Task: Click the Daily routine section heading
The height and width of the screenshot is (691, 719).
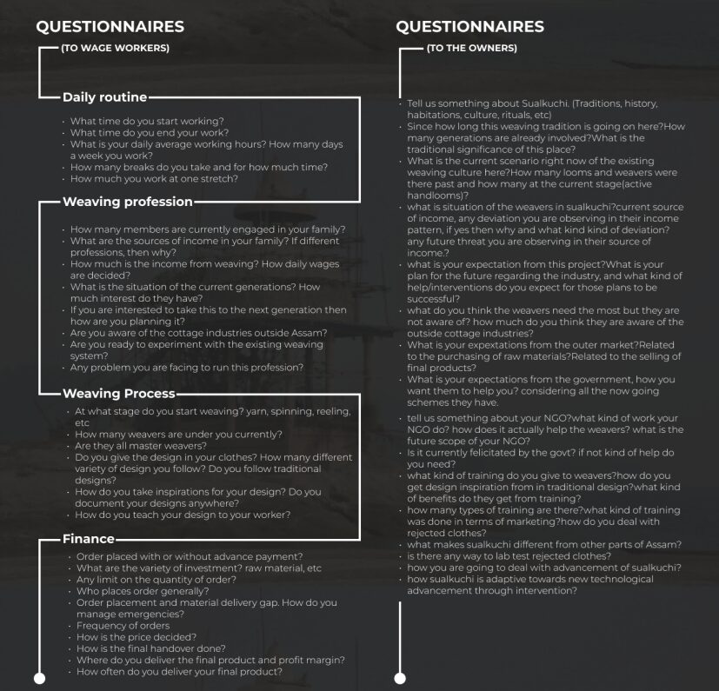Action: click(104, 96)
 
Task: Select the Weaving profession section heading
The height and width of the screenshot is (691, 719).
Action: click(127, 202)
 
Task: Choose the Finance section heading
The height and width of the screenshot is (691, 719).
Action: click(88, 539)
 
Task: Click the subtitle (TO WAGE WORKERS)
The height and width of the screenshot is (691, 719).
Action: click(115, 48)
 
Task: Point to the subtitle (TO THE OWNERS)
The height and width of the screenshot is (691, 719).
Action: click(472, 48)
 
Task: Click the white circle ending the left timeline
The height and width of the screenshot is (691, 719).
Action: click(38, 678)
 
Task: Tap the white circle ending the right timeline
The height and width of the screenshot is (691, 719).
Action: click(400, 678)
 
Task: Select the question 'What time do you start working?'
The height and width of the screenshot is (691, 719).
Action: click(147, 122)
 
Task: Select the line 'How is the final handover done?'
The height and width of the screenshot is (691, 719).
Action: click(150, 648)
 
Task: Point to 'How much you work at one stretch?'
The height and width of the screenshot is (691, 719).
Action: click(154, 178)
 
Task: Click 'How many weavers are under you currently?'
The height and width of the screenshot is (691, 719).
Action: click(178, 434)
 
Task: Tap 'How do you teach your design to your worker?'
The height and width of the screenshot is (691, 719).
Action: click(183, 515)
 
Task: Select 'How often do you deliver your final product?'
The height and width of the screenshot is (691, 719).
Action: click(179, 672)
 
